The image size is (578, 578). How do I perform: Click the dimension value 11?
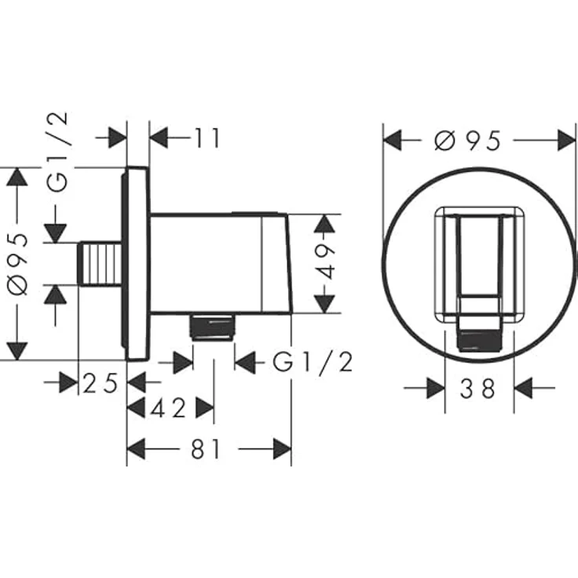[x=207, y=138]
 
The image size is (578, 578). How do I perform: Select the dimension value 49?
[x=325, y=261]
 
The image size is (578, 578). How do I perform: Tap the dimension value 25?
[x=101, y=383]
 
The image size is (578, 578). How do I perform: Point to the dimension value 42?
[x=169, y=408]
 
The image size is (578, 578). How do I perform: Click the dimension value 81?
[x=206, y=449]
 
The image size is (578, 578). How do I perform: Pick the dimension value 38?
[x=477, y=389]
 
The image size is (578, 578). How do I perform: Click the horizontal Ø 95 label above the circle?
[x=467, y=141]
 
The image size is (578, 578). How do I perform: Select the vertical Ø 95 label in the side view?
[x=18, y=265]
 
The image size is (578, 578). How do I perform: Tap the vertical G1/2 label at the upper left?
[x=57, y=152]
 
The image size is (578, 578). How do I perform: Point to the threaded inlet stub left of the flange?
[x=100, y=263]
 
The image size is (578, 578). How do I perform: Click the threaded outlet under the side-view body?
[x=211, y=327]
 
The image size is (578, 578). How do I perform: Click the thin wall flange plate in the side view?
[x=136, y=264]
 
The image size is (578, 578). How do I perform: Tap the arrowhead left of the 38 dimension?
[x=436, y=388]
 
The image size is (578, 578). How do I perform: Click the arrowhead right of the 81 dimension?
[x=282, y=449]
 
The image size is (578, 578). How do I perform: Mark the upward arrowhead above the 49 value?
[x=324, y=224]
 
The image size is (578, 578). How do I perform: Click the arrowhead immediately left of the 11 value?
[x=159, y=138]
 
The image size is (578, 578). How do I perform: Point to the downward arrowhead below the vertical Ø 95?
[x=17, y=351]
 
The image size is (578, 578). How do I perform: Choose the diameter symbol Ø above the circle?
[x=444, y=141]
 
